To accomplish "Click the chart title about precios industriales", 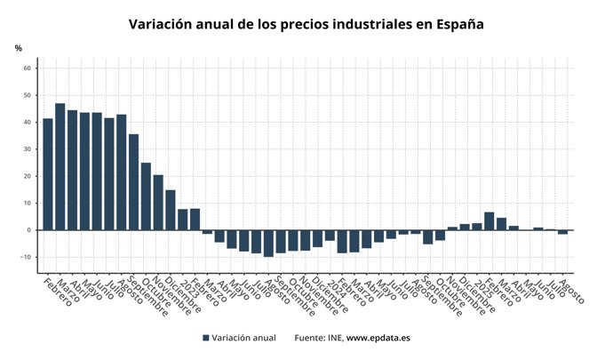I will click(306, 24).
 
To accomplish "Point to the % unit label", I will click(18, 48).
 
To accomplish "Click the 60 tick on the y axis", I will click(28, 68).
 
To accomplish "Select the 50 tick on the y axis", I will click(28, 95).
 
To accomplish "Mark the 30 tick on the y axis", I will click(28, 149).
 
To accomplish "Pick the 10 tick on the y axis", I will click(28, 204).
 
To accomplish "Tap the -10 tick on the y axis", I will click(26, 258).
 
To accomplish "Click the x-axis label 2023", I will click(183, 286).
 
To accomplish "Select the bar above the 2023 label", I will click(183, 220).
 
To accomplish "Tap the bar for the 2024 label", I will click(330, 236).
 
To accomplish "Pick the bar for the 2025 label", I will click(477, 227).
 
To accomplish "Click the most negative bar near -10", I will click(268, 244).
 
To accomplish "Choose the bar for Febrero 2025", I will click(490, 221).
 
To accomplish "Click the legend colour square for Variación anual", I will click(206, 338).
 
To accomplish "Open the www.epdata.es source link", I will click(378, 338).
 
